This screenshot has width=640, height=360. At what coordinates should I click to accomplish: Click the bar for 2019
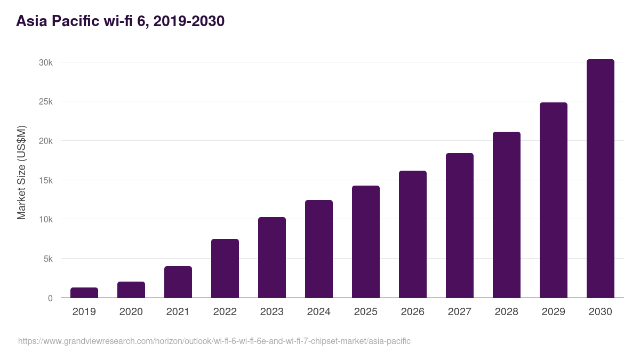pyautogui.click(x=84, y=293)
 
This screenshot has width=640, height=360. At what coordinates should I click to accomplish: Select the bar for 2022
pyautogui.click(x=225, y=268)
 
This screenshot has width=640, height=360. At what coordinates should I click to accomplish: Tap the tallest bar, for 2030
pyautogui.click(x=601, y=179)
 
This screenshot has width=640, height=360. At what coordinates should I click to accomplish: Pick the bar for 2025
pyautogui.click(x=366, y=242)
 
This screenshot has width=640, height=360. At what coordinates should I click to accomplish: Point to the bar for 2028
pyautogui.click(x=507, y=215)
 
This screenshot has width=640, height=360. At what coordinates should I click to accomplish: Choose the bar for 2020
pyautogui.click(x=131, y=290)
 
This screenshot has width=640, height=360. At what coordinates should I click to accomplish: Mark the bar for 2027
pyautogui.click(x=460, y=226)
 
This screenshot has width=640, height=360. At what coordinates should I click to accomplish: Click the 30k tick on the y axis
pyautogui.click(x=46, y=62)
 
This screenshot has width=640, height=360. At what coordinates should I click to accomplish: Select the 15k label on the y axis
pyautogui.click(x=46, y=180)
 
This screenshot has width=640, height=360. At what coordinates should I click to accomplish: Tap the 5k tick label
pyautogui.click(x=48, y=259)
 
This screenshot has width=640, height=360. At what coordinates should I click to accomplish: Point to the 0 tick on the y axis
pyautogui.click(x=50, y=298)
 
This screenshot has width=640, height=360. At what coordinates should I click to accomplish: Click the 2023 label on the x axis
pyautogui.click(x=272, y=312)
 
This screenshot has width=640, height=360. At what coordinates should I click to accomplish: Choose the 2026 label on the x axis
pyautogui.click(x=413, y=312)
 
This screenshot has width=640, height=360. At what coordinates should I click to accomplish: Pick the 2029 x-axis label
pyautogui.click(x=554, y=312)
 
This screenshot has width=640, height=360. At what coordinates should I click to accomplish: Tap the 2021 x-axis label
pyautogui.click(x=178, y=312)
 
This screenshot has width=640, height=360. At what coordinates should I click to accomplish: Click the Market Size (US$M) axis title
pyautogui.click(x=22, y=172)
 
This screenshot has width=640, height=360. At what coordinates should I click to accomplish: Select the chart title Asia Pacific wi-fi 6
pyautogui.click(x=121, y=21)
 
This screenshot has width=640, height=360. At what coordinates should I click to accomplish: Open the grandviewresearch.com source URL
pyautogui.click(x=214, y=341)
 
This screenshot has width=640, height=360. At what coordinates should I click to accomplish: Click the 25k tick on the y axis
pyautogui.click(x=46, y=101)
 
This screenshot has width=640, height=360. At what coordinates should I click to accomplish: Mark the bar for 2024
pyautogui.click(x=319, y=249)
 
